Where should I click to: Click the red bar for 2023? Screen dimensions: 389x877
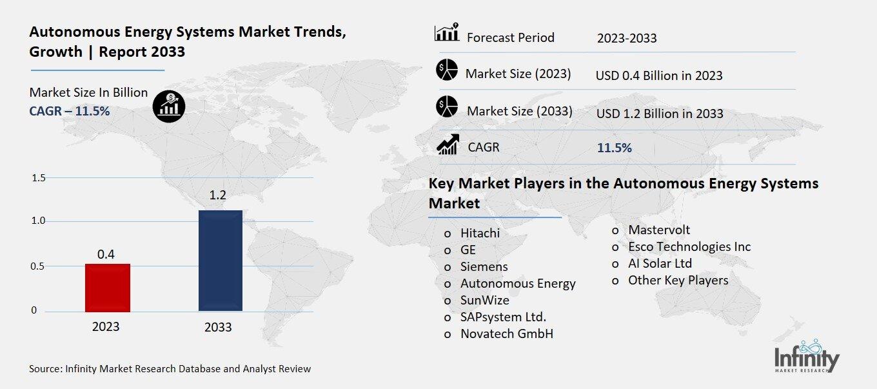click(x=107, y=288)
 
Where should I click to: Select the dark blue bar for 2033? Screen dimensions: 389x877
click(x=220, y=261)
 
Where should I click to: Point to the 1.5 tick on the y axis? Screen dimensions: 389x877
click(x=39, y=178)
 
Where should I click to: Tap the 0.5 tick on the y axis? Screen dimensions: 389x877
click(x=39, y=266)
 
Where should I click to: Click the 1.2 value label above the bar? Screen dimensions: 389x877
click(x=218, y=195)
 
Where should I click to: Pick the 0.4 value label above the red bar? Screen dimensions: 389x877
click(x=106, y=254)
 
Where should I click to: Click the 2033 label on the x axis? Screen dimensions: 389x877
click(x=218, y=327)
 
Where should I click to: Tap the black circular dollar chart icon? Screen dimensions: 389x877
click(x=169, y=105)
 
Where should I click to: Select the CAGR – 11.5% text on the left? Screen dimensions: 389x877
click(x=70, y=111)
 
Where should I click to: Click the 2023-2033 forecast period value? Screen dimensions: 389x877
click(x=627, y=38)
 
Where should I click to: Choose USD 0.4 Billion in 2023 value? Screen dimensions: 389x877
click(x=659, y=75)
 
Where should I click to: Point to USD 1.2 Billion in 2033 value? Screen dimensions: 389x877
click(x=660, y=114)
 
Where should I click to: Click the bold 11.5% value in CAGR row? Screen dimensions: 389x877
click(x=615, y=148)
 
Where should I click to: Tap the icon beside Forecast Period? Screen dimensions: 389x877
click(x=446, y=32)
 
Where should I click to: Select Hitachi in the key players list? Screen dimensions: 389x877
click(x=480, y=233)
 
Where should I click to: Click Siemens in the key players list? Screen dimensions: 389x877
click(x=484, y=266)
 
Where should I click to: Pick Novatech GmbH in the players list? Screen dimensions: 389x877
click(x=506, y=334)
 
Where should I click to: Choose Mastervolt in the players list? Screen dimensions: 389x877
click(x=658, y=230)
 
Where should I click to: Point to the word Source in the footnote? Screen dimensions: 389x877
click(x=44, y=369)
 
